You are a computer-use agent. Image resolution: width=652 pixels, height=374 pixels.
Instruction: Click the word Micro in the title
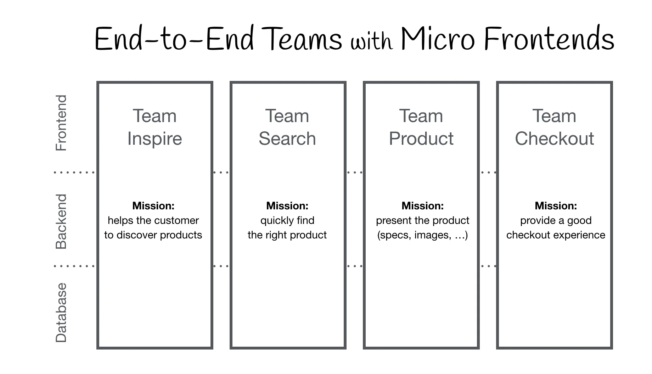click(x=438, y=39)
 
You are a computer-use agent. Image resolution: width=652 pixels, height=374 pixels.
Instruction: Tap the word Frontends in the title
click(x=549, y=39)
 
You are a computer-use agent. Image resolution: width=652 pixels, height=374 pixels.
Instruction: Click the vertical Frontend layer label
click(x=61, y=123)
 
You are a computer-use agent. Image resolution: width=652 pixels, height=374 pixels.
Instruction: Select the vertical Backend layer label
click(x=61, y=221)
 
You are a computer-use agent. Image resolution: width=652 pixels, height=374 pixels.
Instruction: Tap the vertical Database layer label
click(x=61, y=312)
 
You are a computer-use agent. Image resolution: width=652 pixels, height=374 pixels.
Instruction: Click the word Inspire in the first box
click(x=154, y=138)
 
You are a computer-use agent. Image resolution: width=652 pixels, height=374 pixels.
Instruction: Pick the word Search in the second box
click(x=287, y=138)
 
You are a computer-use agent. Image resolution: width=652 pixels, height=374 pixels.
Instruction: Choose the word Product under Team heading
click(x=421, y=138)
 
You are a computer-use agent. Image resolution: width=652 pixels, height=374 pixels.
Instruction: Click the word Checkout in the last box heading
click(x=554, y=138)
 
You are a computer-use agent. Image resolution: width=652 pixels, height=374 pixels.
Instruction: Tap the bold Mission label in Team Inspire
click(x=153, y=206)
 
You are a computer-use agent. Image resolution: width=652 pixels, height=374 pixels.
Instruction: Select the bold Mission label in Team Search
click(x=287, y=206)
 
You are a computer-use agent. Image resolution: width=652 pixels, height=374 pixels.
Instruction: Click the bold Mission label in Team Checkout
click(x=556, y=206)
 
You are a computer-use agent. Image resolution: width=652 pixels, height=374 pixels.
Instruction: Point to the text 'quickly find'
click(x=287, y=221)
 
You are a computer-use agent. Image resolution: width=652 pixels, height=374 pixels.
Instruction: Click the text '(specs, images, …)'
click(x=422, y=235)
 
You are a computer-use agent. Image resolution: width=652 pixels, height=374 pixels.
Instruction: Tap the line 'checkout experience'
click(x=556, y=235)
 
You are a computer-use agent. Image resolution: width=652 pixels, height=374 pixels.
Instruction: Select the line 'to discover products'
click(x=153, y=235)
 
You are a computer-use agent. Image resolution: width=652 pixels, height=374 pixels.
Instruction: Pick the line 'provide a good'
click(x=556, y=221)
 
